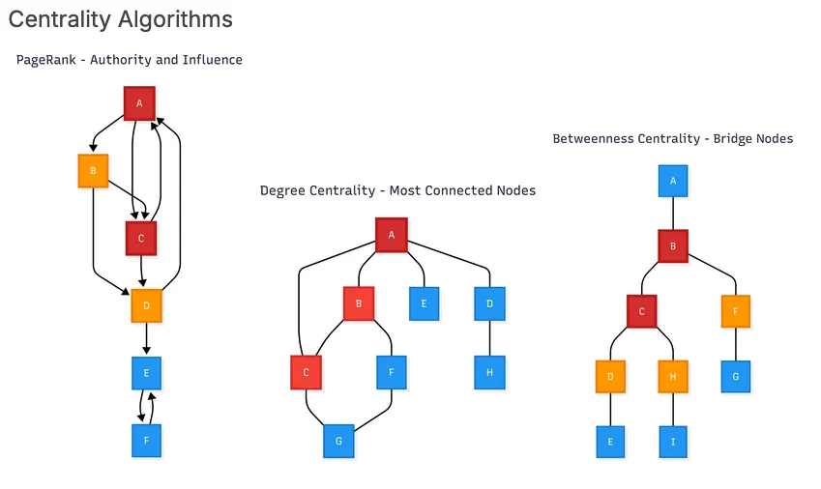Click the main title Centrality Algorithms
coord(121,19)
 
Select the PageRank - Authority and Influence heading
coord(129,60)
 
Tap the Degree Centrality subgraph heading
coord(397,190)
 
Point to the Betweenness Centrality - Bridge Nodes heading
coord(672,139)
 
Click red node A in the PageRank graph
coord(139,103)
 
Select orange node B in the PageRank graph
coord(93,171)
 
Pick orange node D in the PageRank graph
coord(146,305)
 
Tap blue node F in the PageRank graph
coord(146,441)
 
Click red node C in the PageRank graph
coord(141,238)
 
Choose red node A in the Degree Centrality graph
coord(392,234)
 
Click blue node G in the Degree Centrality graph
coord(338,441)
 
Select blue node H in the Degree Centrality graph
coord(489,372)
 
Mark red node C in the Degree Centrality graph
coord(306,372)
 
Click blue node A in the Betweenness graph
coord(673,181)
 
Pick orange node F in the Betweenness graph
coord(736,311)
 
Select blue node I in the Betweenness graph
coord(673,442)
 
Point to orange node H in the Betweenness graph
coord(673,377)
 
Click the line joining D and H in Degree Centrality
coord(489,338)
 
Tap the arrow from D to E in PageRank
coord(146,339)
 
